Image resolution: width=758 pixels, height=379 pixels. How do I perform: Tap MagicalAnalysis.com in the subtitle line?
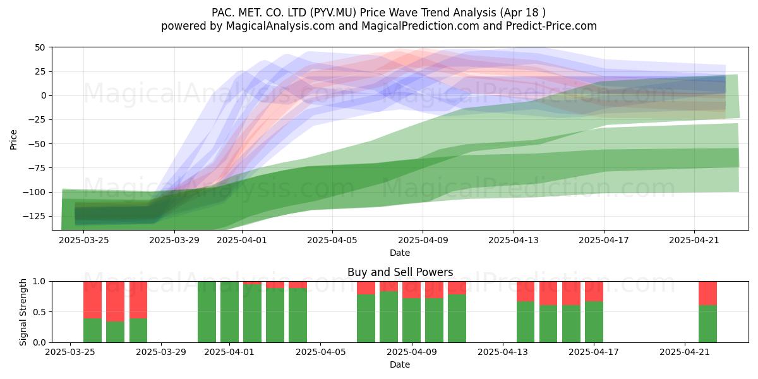(280, 26)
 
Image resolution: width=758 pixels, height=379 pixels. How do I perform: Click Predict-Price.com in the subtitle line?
(551, 26)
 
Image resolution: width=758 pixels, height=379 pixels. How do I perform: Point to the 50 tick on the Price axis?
(40, 47)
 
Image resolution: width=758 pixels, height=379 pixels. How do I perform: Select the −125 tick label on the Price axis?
(34, 216)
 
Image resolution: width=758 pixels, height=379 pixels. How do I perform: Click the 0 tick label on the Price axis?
(44, 96)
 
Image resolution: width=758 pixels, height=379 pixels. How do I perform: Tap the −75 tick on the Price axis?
(37, 168)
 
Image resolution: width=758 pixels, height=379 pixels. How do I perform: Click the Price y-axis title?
(13, 140)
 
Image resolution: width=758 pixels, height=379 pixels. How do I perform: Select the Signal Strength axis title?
(23, 312)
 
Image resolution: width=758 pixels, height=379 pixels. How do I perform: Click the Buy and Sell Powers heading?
(400, 272)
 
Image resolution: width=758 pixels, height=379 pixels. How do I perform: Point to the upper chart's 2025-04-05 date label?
(332, 240)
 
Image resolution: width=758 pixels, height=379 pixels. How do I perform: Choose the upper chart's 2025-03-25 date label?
(83, 240)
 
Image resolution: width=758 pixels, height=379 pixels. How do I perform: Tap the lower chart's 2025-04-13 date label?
(503, 352)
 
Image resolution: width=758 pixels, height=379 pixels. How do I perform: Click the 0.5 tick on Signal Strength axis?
(40, 312)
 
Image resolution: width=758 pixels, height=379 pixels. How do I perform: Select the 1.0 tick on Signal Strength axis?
(40, 282)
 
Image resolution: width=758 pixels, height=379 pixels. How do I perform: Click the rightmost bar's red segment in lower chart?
(707, 293)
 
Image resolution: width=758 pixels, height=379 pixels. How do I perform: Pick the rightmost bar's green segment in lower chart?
(707, 324)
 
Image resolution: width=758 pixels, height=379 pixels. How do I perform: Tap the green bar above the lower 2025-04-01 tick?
(229, 312)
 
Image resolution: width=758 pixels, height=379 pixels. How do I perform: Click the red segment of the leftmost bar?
(92, 300)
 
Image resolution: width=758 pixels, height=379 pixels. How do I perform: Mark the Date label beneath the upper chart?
(400, 253)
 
